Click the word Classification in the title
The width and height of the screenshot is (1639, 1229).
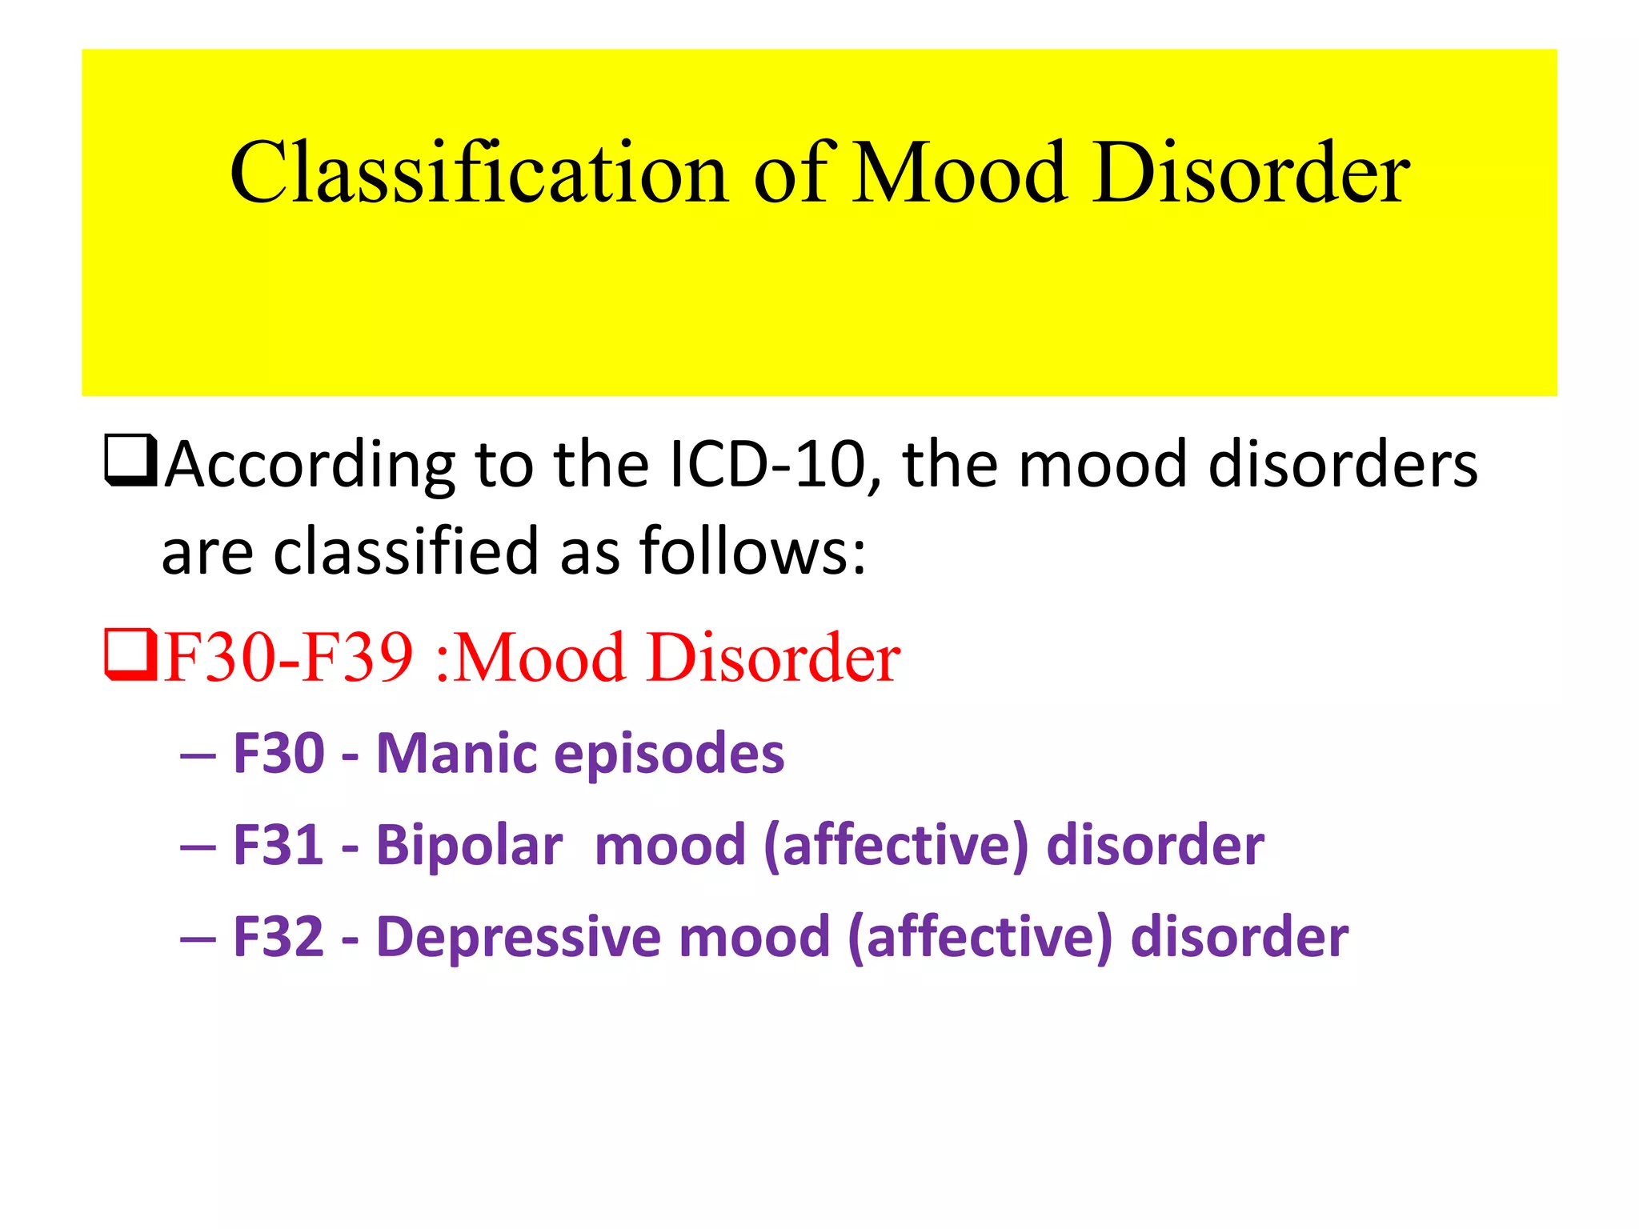tap(479, 173)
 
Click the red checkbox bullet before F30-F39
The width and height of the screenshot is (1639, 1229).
tap(130, 654)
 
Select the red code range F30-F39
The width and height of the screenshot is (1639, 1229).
tap(289, 657)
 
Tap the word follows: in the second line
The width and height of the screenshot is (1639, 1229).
tap(752, 551)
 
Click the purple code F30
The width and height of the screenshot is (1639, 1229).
tap(279, 754)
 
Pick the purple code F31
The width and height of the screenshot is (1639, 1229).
tap(279, 846)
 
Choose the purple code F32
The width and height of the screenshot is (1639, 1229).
tap(279, 937)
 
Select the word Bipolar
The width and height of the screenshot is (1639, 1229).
tap(470, 847)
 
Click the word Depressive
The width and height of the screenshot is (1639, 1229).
tap(519, 938)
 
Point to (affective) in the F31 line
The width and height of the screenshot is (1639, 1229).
tap(896, 847)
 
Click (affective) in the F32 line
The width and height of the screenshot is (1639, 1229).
tap(980, 938)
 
